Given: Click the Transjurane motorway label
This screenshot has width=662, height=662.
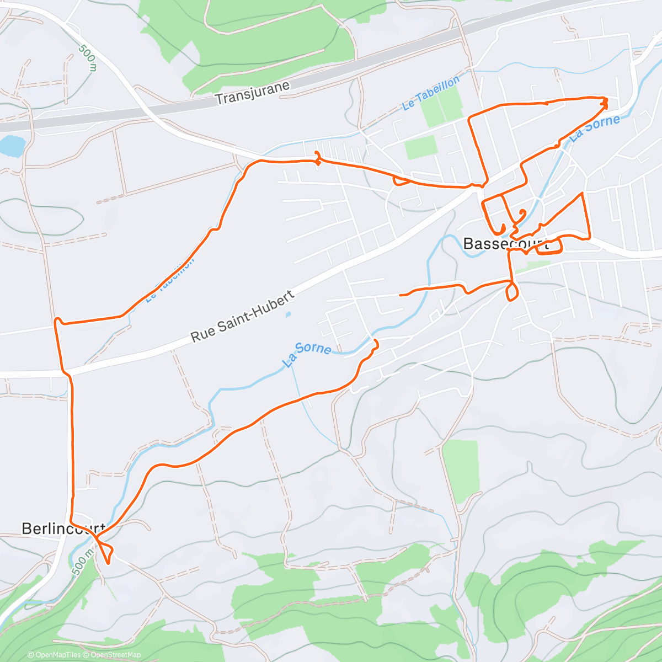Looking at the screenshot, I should coord(252,93).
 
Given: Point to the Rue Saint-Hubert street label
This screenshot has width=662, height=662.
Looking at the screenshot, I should coord(243,317).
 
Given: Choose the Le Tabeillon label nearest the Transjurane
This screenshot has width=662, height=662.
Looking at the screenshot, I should coord(431,93).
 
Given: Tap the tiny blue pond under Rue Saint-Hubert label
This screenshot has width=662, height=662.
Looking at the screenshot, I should coord(288,314).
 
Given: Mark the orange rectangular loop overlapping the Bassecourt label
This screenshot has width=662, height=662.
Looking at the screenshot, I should coord(549,245).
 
